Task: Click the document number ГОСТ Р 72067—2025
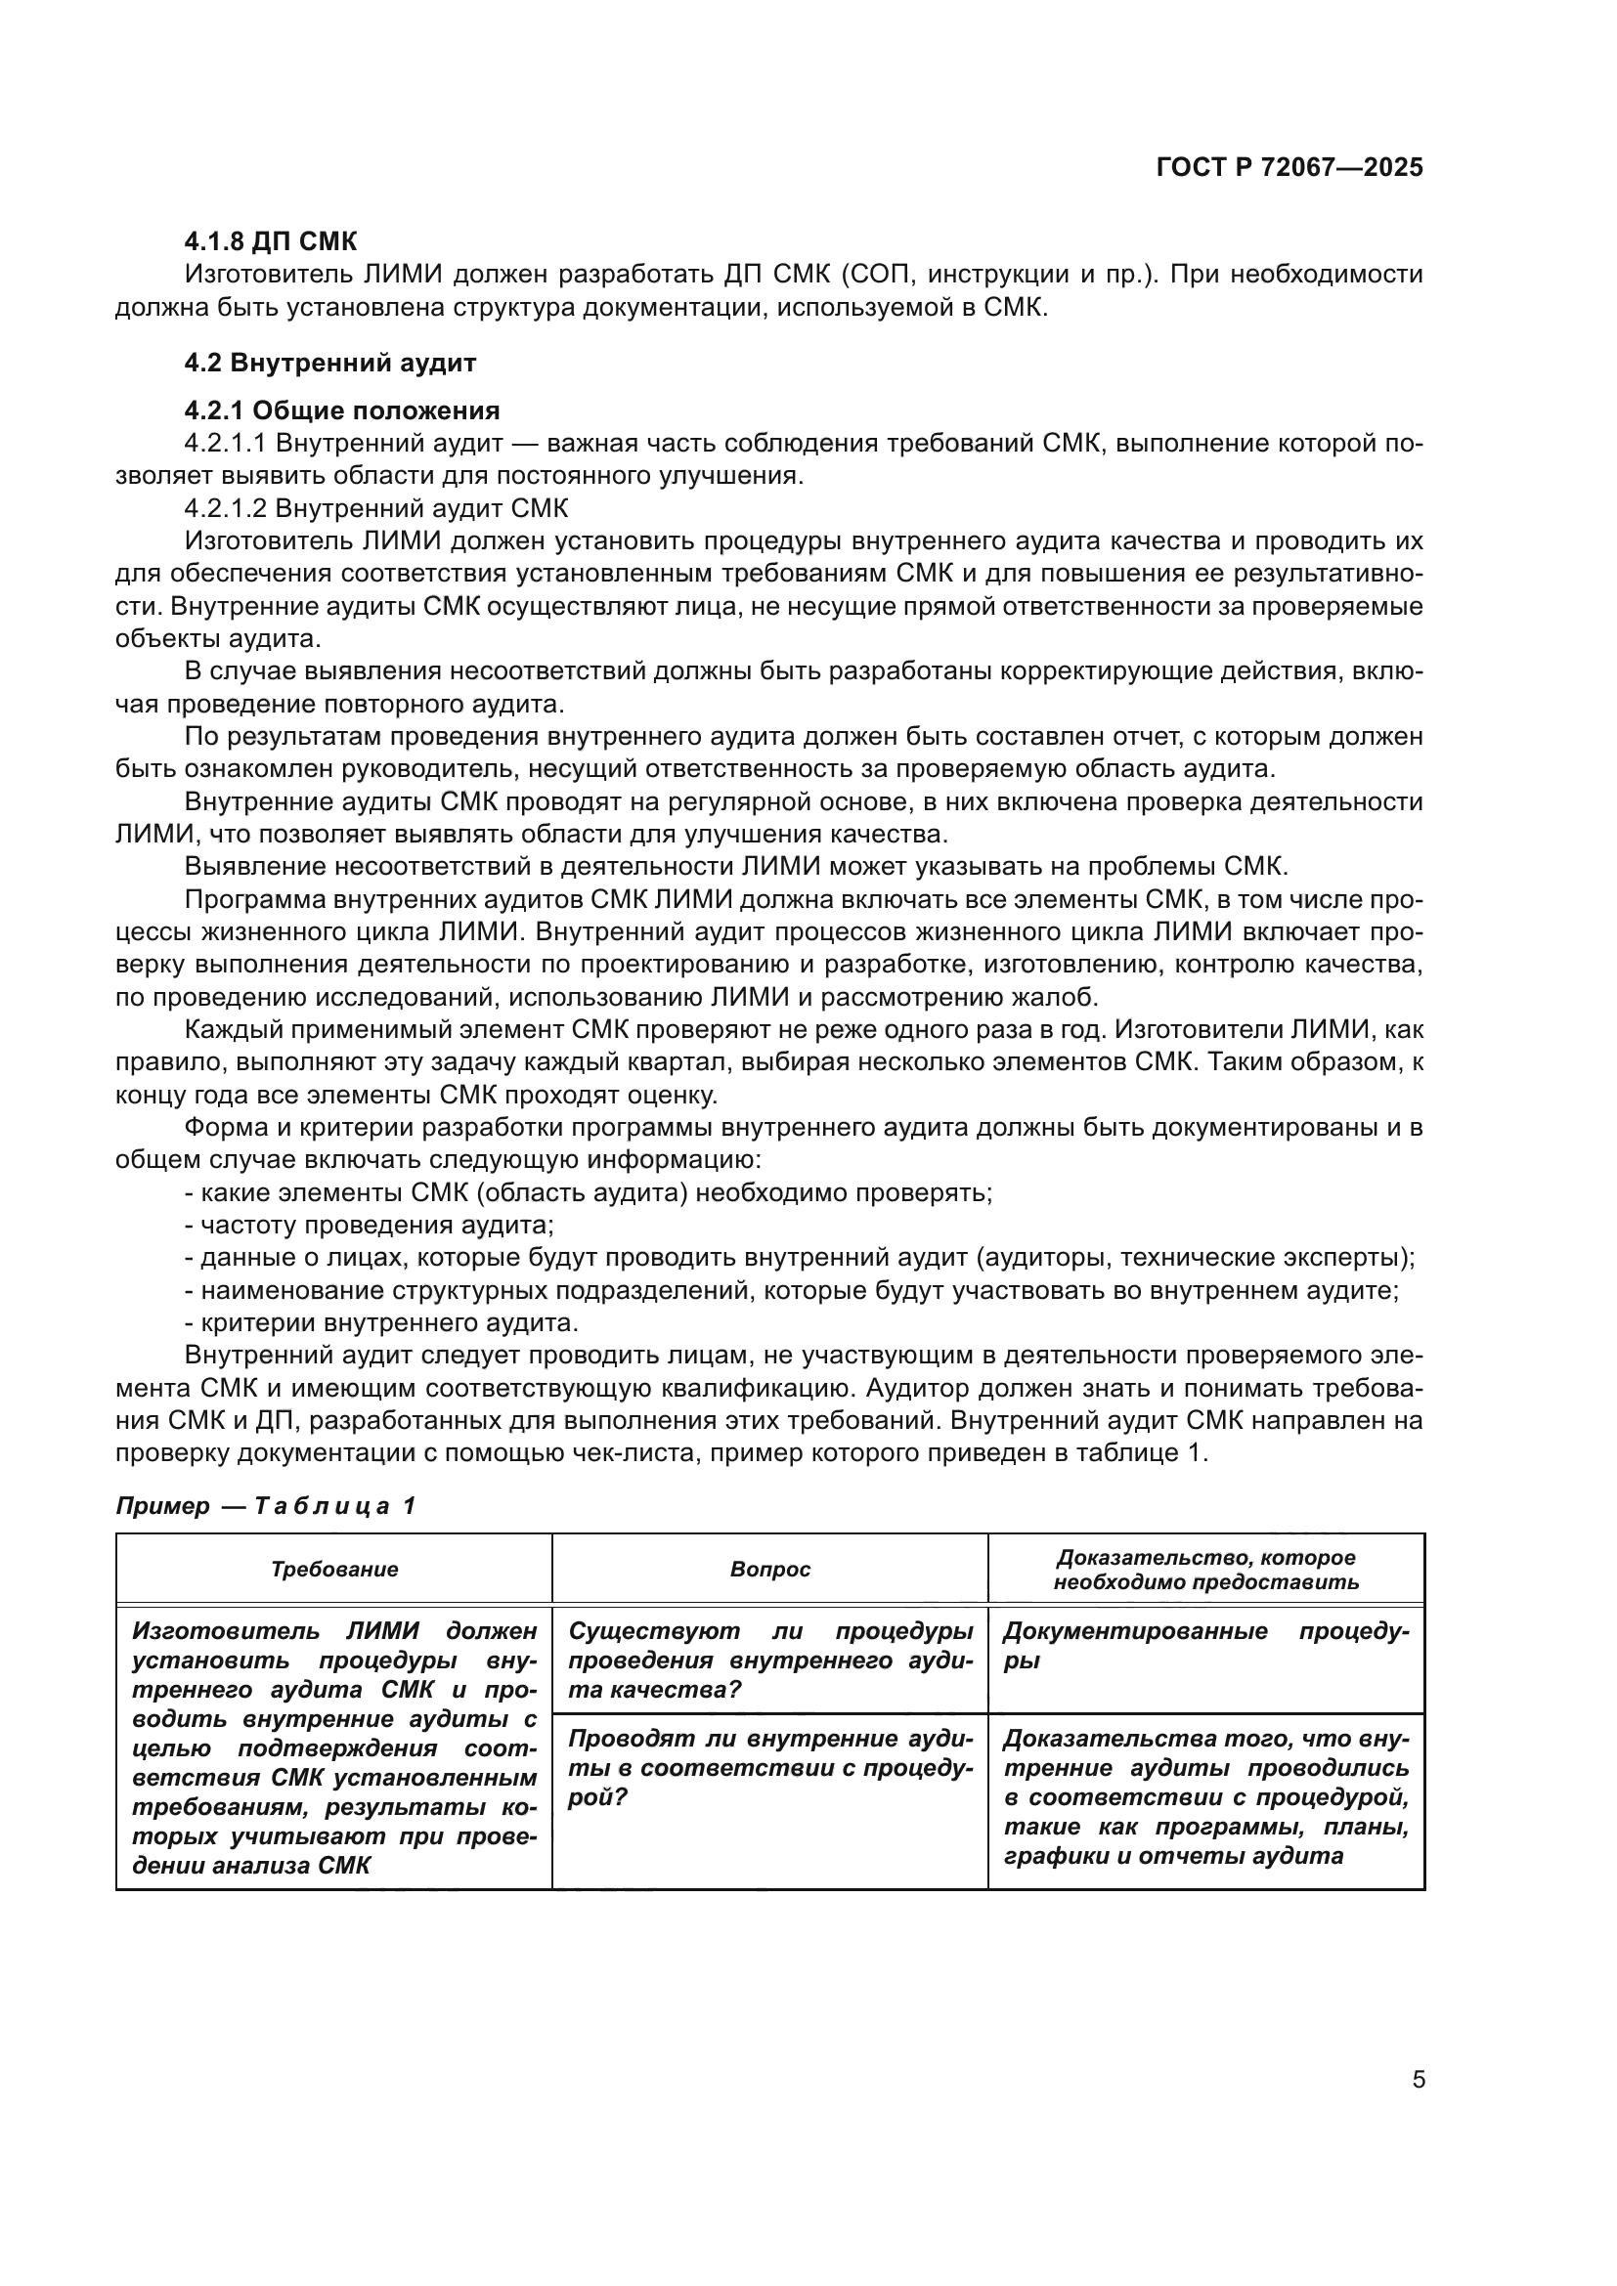point(1289,167)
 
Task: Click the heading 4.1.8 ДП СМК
point(270,242)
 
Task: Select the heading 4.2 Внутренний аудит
point(329,363)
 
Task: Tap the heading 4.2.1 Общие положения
point(341,410)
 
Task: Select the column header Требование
point(334,1570)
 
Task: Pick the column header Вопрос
point(769,1570)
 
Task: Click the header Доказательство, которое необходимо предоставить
point(1204,1570)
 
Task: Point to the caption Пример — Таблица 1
point(266,1505)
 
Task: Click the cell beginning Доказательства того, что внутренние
point(1204,1797)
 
